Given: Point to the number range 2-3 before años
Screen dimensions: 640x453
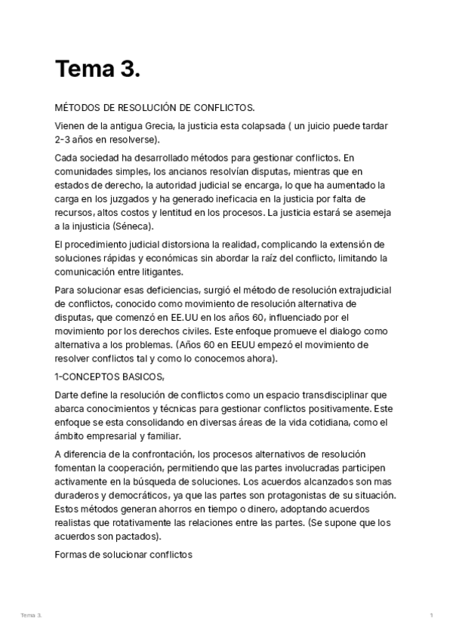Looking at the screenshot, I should click(65, 140).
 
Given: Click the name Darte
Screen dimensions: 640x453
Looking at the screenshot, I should click(66, 395).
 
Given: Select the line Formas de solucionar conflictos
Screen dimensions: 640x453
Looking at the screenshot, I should click(124, 554).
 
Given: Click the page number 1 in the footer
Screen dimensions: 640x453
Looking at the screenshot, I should click(431, 616).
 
